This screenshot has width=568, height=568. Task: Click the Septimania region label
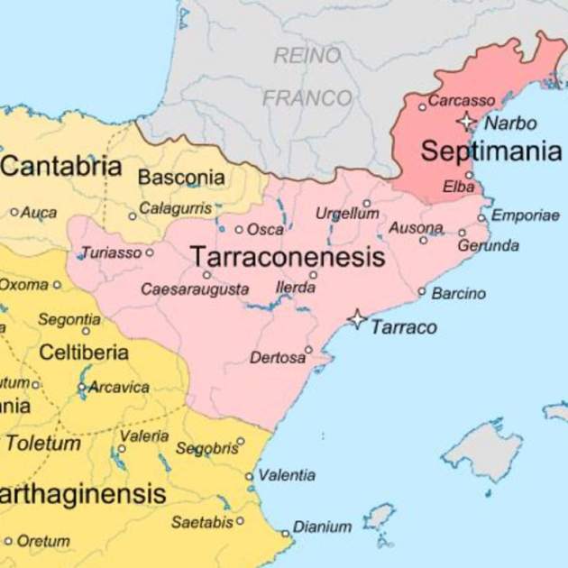click(x=490, y=151)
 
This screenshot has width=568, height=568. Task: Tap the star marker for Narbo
click(x=466, y=121)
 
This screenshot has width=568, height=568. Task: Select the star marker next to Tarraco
click(x=358, y=319)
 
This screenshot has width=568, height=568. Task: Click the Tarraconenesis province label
click(x=288, y=257)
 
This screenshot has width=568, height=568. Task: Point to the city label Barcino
click(x=458, y=293)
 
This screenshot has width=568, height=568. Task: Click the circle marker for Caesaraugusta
click(x=206, y=275)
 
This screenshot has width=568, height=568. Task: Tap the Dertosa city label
click(x=277, y=358)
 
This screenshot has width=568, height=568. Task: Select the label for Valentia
click(x=287, y=475)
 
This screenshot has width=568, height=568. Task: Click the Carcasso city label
click(x=462, y=100)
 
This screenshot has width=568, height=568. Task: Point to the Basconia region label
click(x=181, y=177)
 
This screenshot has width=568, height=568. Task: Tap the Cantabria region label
click(x=61, y=166)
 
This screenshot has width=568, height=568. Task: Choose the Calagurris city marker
click(x=133, y=216)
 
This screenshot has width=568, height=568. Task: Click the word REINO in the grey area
click(x=308, y=56)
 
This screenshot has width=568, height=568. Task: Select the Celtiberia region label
click(x=83, y=353)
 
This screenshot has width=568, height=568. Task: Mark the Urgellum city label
click(x=347, y=214)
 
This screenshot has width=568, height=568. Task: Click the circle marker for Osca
click(x=239, y=229)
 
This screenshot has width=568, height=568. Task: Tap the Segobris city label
click(x=205, y=448)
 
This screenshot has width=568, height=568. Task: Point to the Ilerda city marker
click(x=314, y=274)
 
